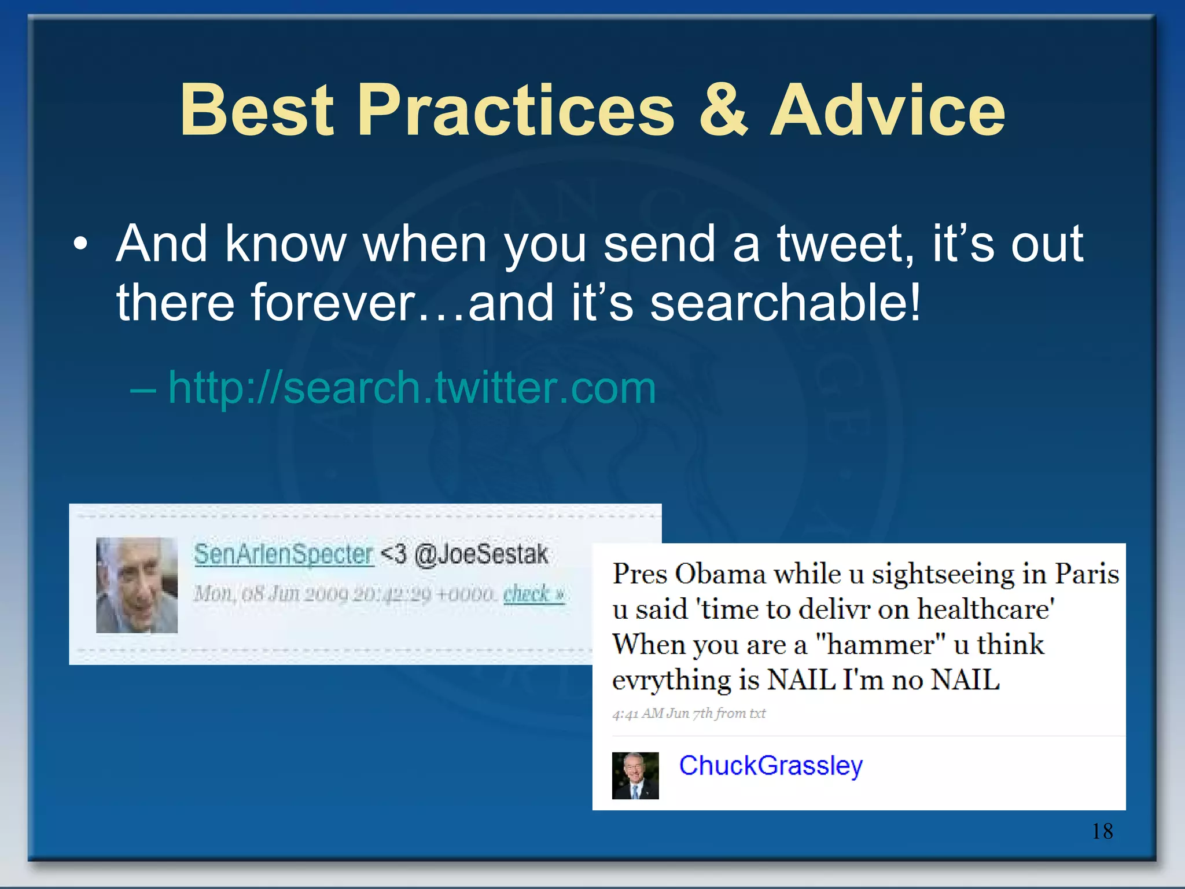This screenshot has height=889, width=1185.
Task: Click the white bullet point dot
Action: click(81, 244)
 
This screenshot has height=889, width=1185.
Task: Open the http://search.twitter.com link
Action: click(412, 387)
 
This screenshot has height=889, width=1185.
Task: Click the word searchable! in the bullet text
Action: click(785, 303)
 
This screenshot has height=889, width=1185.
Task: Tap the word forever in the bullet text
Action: click(333, 303)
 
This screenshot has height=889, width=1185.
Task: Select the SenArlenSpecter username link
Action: click(284, 554)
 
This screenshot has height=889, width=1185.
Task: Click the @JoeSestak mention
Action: click(481, 554)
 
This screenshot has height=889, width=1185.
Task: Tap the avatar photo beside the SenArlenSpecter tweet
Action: click(137, 585)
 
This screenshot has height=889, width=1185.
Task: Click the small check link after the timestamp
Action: click(533, 594)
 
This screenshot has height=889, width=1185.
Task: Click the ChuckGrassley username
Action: click(771, 765)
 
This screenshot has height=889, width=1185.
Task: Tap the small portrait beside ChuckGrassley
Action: click(635, 776)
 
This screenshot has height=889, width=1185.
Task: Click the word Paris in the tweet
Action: click(1087, 574)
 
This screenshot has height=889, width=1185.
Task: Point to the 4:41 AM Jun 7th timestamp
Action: click(689, 713)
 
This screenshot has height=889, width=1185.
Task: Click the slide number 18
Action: click(1102, 831)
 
